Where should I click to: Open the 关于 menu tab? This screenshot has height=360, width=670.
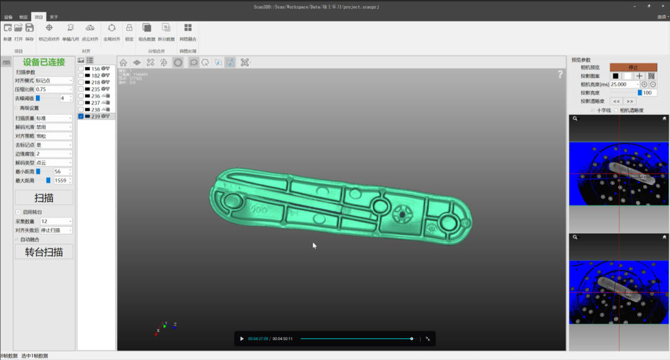pyautogui.click(x=54, y=17)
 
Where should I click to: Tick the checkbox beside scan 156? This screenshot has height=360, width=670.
pyautogui.click(x=81, y=68)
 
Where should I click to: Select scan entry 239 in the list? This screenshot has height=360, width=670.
pyautogui.click(x=96, y=116)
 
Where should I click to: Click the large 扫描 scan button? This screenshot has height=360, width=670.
pyautogui.click(x=43, y=197)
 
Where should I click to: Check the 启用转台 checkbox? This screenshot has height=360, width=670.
pyautogui.click(x=17, y=212)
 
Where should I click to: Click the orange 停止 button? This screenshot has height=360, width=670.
pyautogui.click(x=633, y=67)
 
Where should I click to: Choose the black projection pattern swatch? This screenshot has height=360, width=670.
pyautogui.click(x=615, y=76)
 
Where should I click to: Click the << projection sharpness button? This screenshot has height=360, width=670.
pyautogui.click(x=616, y=101)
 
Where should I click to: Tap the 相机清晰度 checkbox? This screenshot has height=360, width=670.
pyautogui.click(x=615, y=110)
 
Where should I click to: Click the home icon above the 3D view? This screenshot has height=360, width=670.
pyautogui.click(x=123, y=62)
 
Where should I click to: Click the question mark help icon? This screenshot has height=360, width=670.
pyautogui.click(x=560, y=74)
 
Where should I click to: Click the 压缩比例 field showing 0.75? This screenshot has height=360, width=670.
pyautogui.click(x=53, y=89)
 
